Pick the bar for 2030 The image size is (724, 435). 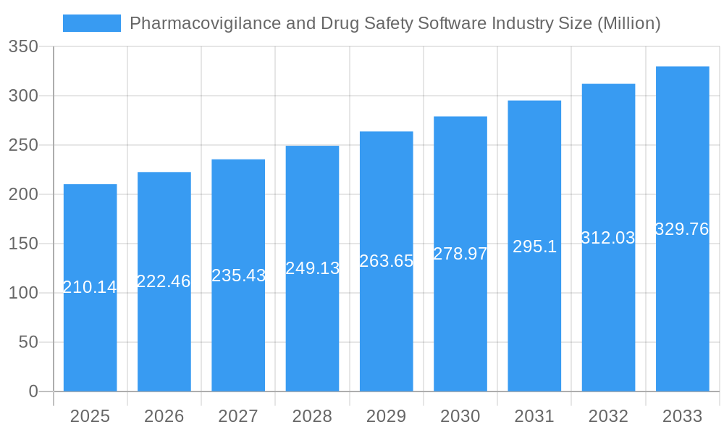tap(460, 326)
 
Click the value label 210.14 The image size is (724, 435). tap(90, 287)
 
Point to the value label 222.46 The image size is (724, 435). tap(164, 281)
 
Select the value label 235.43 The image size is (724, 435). tap(238, 275)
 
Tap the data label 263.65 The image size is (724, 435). tap(387, 261)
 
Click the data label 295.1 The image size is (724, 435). tap(534, 246)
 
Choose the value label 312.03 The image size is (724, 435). tap(608, 238)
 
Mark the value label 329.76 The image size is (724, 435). tap(682, 229)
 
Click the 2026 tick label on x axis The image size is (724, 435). tap(164, 416)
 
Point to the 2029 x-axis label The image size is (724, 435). tap(387, 416)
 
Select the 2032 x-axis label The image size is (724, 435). tap(608, 416)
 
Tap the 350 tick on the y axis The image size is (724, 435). tap(23, 47)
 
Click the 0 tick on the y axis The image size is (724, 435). tap(33, 391)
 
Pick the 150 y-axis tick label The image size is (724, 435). tap(23, 244)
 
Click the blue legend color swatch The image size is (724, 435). tap(92, 23)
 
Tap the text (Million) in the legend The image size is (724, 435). tap(628, 23)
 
